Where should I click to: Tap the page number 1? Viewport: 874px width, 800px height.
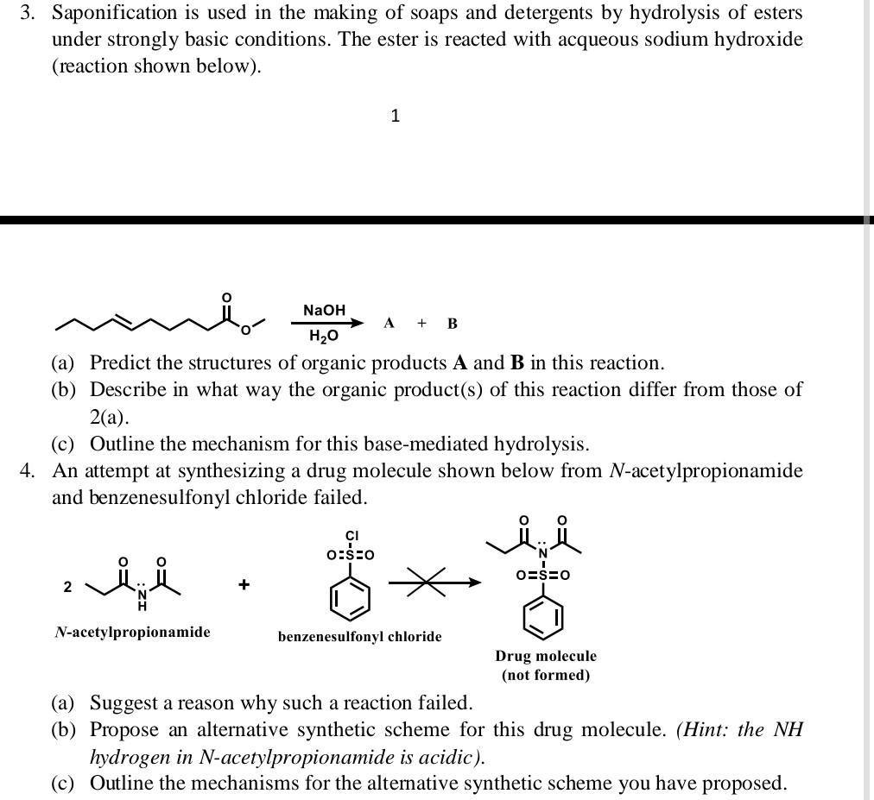tap(395, 116)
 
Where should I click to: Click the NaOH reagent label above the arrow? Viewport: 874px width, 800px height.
tap(324, 309)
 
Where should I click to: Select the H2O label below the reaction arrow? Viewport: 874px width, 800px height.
tap(324, 335)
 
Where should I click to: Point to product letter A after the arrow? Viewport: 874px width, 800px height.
tap(389, 324)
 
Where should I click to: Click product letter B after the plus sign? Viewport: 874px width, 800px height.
tap(453, 324)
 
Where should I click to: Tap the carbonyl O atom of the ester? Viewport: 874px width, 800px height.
tap(226, 298)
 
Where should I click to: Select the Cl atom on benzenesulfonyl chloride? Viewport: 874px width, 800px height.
tap(351, 535)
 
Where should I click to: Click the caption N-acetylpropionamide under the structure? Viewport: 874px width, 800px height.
tap(132, 633)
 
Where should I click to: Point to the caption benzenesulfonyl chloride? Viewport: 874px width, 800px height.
tap(359, 637)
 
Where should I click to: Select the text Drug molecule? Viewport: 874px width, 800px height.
tap(546, 656)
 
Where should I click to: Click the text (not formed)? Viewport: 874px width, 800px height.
tap(546, 675)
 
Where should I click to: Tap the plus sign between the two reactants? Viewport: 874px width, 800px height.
tap(244, 585)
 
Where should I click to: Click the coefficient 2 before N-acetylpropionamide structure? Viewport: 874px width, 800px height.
tap(66, 587)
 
